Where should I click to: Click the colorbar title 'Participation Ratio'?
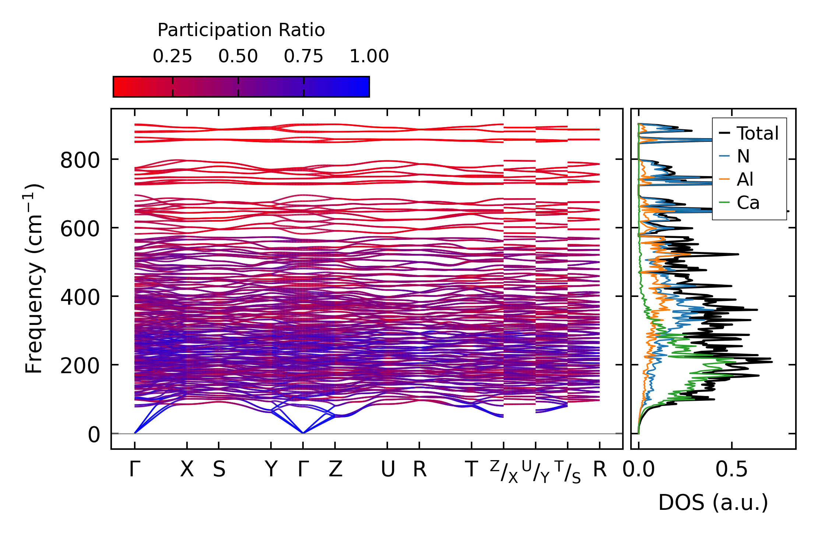241,30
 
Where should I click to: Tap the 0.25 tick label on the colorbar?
172,56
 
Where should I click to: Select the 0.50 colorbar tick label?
238,56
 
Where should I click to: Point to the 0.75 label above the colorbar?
303,56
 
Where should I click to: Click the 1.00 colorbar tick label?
369,56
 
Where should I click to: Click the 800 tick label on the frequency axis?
80,161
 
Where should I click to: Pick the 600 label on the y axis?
80,229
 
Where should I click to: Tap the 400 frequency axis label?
80,298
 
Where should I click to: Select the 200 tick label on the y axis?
80,366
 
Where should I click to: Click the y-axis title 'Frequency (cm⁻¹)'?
34,278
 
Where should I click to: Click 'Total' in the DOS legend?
757,133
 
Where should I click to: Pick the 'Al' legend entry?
745,180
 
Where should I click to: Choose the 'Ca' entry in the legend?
748,203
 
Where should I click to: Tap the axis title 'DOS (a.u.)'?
713,502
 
